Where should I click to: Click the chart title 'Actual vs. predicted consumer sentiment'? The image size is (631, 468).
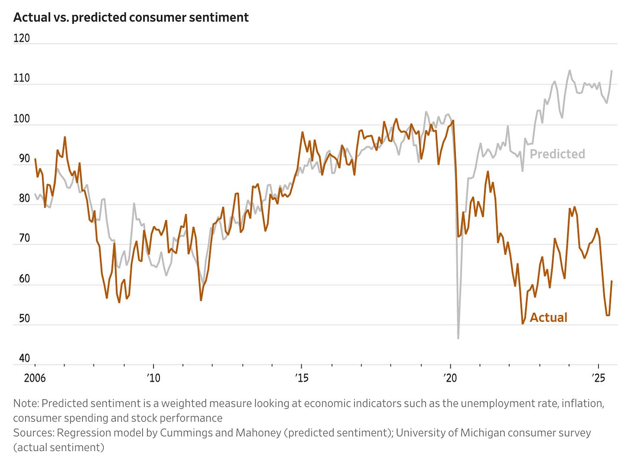pyautogui.click(x=131, y=17)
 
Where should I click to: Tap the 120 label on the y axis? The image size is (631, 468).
pyautogui.click(x=21, y=38)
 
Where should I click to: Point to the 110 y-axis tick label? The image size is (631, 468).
pyautogui.click(x=21, y=78)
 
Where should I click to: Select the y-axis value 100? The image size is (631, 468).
pyautogui.click(x=21, y=118)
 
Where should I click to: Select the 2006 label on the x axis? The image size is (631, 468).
pyautogui.click(x=35, y=378)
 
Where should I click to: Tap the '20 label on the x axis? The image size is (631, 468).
pyautogui.click(x=450, y=378)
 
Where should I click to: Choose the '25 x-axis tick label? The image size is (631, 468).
pyautogui.click(x=598, y=378)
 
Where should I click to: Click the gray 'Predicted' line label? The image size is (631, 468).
pyautogui.click(x=557, y=154)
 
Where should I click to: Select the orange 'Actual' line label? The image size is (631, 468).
pyautogui.click(x=548, y=317)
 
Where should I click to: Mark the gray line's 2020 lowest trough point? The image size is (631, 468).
pyautogui.click(x=458, y=338)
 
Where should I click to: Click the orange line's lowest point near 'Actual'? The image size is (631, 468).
pyautogui.click(x=523, y=324)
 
